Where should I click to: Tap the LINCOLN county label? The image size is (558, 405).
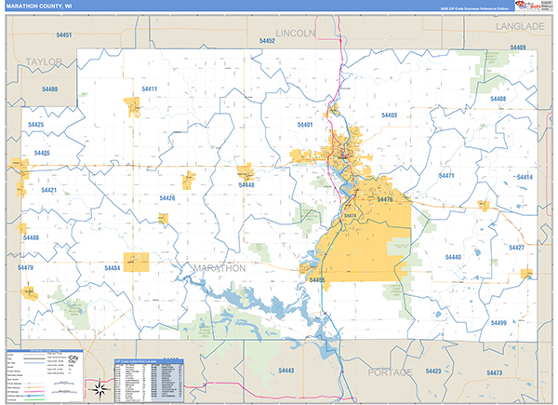[x=297, y=33]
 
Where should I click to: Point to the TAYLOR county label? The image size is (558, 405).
[x=43, y=62]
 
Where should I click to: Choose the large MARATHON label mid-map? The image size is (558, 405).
[x=219, y=267]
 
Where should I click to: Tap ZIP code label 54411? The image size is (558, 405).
[x=149, y=89]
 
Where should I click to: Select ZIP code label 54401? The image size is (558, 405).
[x=305, y=124]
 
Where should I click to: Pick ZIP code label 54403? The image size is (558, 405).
[x=390, y=115]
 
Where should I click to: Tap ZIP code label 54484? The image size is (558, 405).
[x=113, y=268]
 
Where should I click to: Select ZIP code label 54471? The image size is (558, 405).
[x=446, y=176]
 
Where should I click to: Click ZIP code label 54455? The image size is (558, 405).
[x=316, y=279]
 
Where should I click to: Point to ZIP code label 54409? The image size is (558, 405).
[x=518, y=47]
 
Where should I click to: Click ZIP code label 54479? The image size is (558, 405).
[x=25, y=268]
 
